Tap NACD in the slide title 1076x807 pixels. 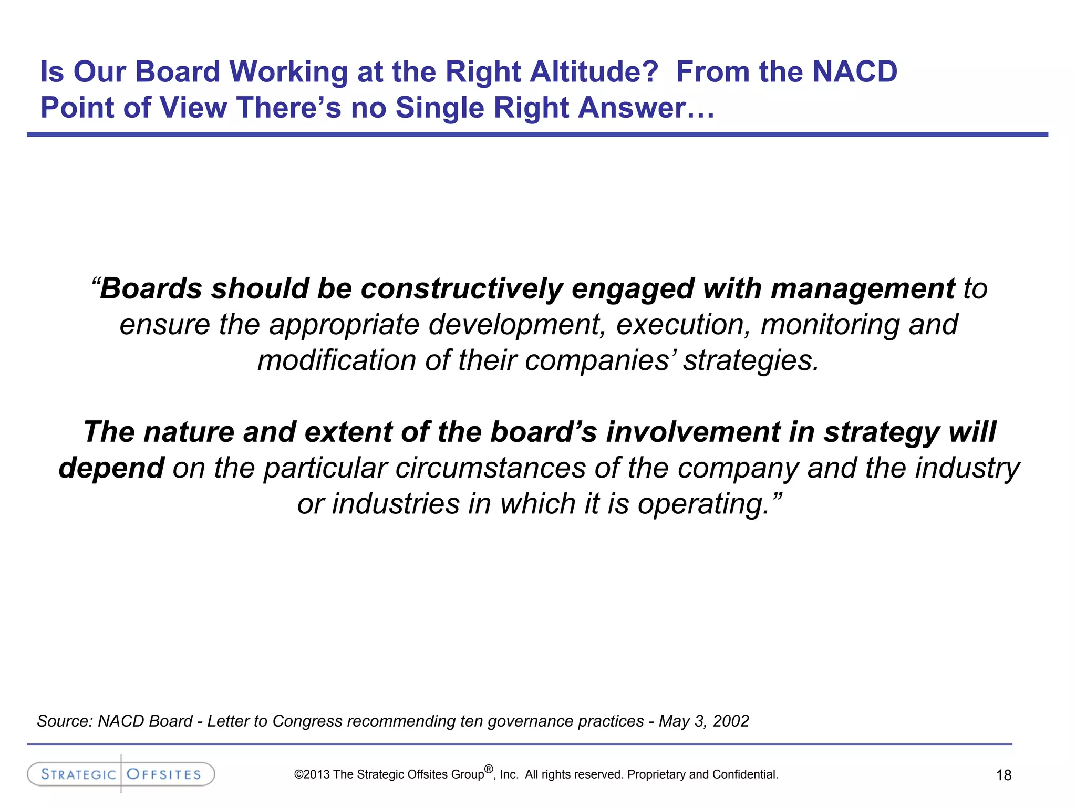855,72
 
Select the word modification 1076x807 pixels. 337,360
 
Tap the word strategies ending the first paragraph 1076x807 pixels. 750,361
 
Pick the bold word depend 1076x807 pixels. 111,468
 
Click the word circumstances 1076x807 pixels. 490,468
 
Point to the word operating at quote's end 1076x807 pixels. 703,504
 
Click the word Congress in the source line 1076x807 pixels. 307,721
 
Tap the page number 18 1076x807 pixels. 1003,775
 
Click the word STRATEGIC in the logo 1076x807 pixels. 78,774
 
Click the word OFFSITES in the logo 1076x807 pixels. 164,774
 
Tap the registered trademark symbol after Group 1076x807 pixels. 489,769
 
